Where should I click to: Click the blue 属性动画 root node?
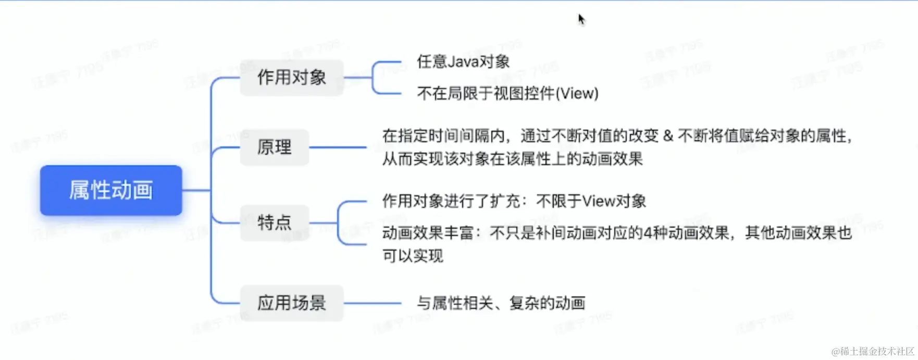click(111, 190)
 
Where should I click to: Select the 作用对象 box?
click(291, 78)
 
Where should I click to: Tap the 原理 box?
click(275, 147)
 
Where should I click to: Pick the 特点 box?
click(275, 223)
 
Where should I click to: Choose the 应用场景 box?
click(291, 303)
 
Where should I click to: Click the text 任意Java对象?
click(463, 62)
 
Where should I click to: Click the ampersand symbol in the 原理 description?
click(668, 136)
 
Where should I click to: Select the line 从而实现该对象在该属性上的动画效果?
click(513, 159)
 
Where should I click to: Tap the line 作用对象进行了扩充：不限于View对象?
click(514, 201)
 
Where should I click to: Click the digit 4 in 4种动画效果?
click(648, 233)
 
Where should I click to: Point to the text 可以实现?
click(413, 256)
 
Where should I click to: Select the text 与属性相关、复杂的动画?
click(501, 303)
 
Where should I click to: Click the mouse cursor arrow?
click(581, 19)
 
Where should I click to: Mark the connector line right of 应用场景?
click(372, 303)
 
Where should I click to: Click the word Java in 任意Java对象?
click(463, 62)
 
